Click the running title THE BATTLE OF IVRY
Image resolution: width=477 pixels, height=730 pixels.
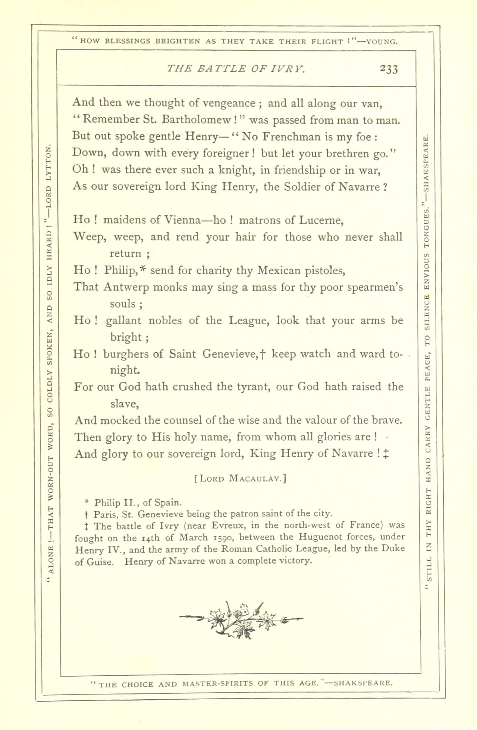point(236,68)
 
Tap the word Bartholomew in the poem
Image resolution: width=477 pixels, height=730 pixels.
point(198,120)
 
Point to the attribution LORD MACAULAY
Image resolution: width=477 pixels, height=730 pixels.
point(240,478)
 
